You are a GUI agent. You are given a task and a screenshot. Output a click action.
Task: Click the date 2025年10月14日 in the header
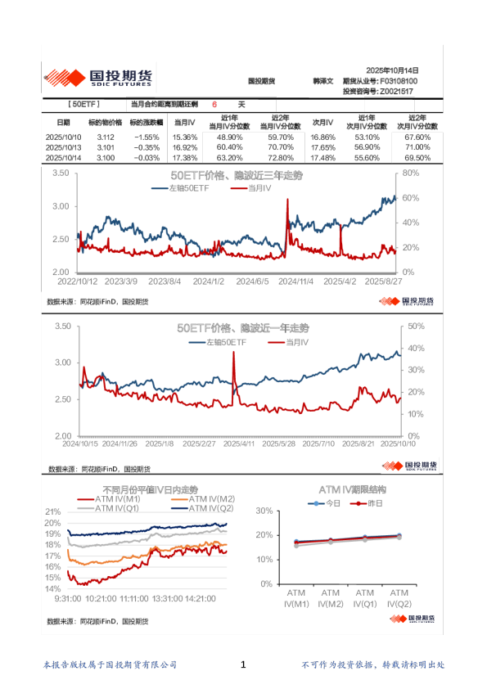[391, 71]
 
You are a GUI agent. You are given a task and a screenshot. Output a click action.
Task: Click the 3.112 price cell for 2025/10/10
[105, 137]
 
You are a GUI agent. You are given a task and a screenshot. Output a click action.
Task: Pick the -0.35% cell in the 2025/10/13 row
[147, 147]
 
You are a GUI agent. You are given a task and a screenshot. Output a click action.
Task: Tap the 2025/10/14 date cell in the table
[64, 157]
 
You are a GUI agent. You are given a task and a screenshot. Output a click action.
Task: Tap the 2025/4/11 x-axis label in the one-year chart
[241, 444]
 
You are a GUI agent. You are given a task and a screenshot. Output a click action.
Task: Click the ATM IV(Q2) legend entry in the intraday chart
[203, 508]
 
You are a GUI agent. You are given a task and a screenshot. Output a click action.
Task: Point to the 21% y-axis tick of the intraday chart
[52, 511]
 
